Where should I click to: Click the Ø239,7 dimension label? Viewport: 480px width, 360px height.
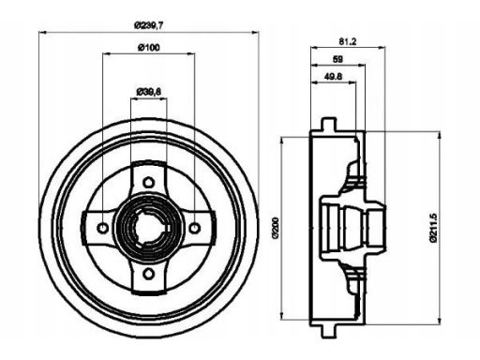[149, 25]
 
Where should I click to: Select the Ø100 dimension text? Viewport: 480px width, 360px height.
[149, 47]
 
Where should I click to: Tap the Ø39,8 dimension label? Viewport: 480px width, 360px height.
[149, 92]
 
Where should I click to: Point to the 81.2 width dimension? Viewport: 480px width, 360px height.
[348, 41]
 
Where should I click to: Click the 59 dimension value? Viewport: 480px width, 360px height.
[337, 59]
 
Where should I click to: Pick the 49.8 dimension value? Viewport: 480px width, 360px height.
[333, 77]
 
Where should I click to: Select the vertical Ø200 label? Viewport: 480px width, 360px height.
[275, 228]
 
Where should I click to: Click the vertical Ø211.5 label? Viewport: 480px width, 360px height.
[433, 227]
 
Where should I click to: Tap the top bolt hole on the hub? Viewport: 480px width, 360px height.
[148, 182]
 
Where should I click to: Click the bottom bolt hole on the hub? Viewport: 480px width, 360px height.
[148, 274]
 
